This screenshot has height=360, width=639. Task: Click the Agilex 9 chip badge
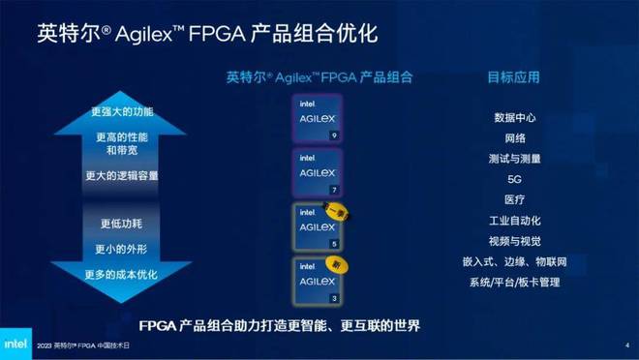click(x=318, y=118)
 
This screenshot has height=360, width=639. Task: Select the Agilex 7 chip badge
click(x=318, y=171)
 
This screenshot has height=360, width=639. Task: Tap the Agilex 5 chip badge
click(x=317, y=225)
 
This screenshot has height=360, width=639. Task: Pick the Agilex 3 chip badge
click(x=317, y=278)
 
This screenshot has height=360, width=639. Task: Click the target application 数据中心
click(x=515, y=118)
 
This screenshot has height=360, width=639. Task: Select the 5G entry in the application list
click(x=515, y=179)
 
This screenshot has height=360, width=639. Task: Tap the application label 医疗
click(x=515, y=199)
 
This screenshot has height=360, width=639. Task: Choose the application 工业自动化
click(x=515, y=221)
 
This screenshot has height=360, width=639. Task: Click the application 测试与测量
click(x=515, y=159)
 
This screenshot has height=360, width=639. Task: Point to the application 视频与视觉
click(x=515, y=241)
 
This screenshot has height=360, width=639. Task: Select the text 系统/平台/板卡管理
click(x=515, y=283)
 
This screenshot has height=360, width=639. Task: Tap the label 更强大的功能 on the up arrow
click(x=121, y=112)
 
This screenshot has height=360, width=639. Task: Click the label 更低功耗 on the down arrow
click(x=121, y=224)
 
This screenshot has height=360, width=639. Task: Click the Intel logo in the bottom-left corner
click(x=17, y=344)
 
